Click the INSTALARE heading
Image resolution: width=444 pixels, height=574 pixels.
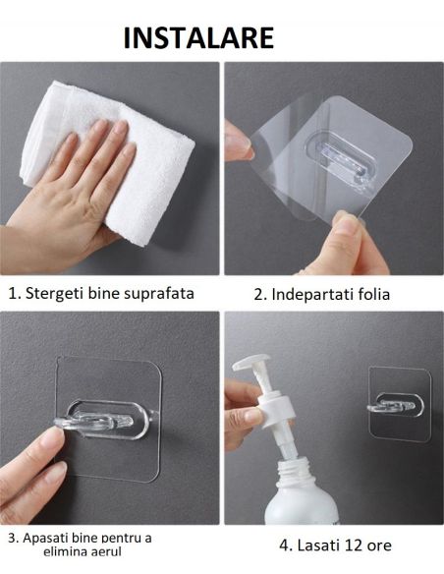point(198,37)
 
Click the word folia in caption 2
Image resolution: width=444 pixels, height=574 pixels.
point(374,295)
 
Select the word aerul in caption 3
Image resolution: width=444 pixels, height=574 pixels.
point(103,552)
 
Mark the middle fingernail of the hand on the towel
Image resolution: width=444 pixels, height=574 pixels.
point(121,127)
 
